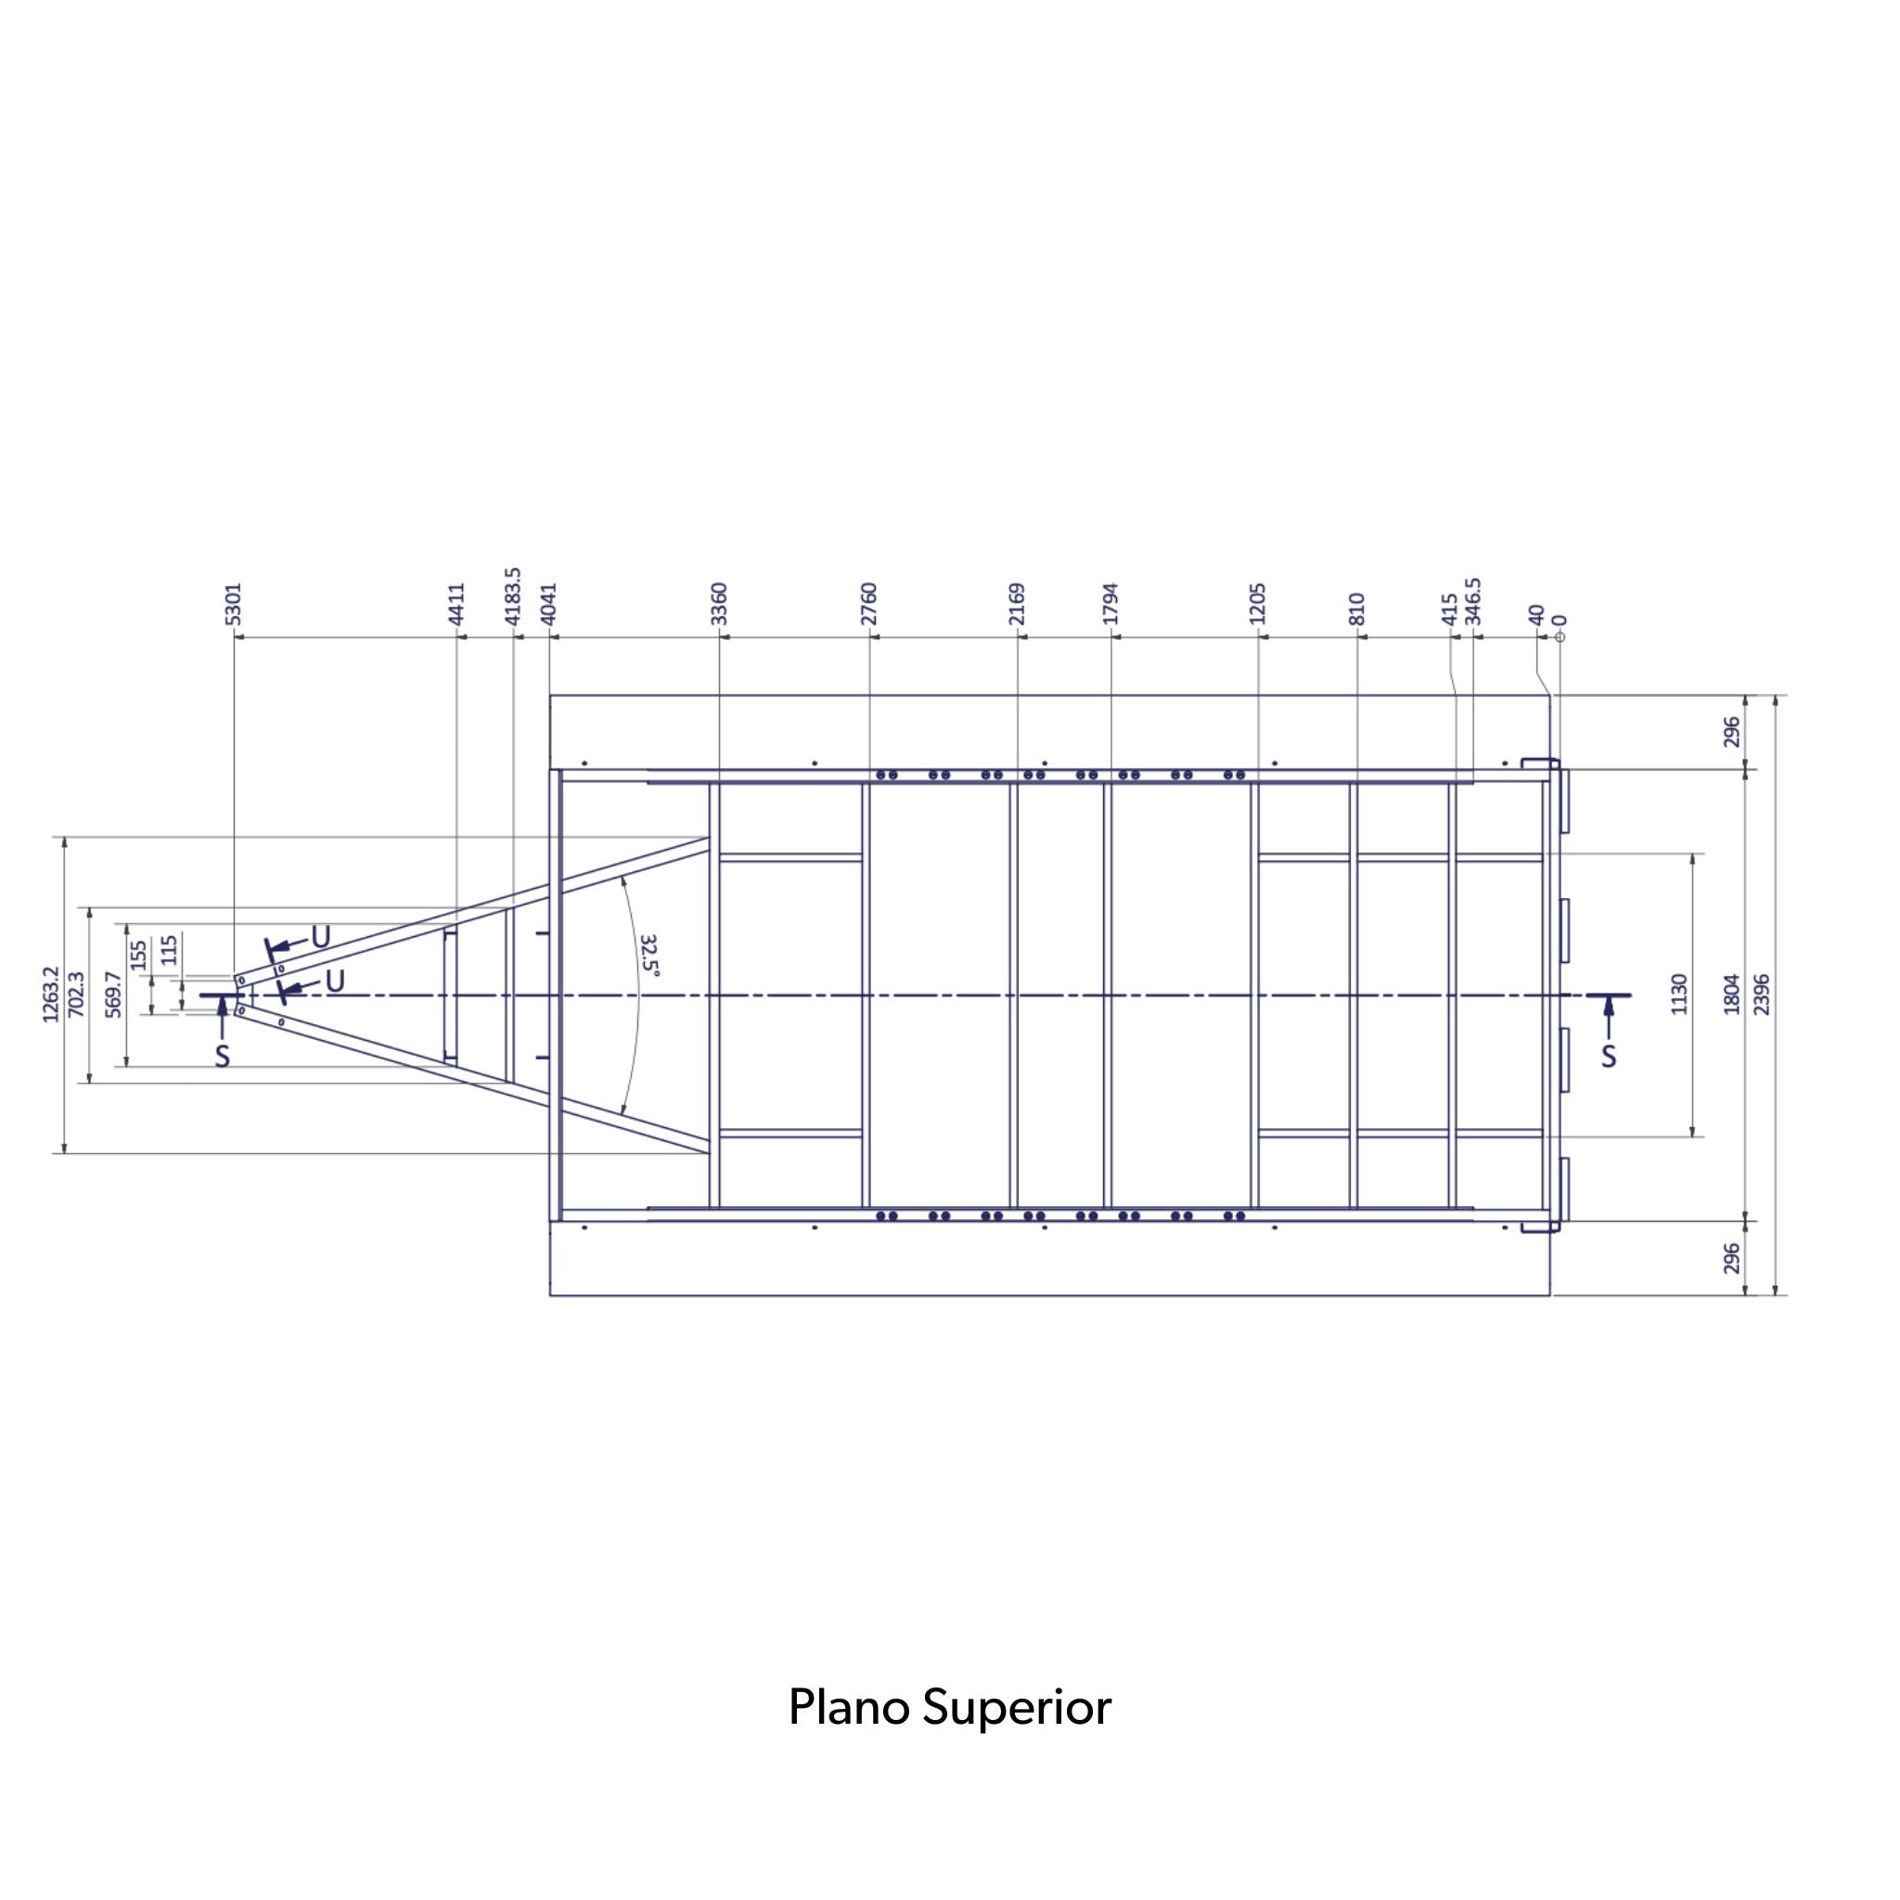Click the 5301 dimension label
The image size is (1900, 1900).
pos(233,604)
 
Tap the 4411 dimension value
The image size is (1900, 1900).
pos(456,604)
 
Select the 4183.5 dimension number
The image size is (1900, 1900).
pos(512,596)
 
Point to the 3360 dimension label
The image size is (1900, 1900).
pos(719,604)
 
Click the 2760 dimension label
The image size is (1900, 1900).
pos(869,604)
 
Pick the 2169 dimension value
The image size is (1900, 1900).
pos(1018,604)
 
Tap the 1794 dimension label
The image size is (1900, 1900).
pos(1111,604)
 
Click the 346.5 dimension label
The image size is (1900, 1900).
pos(1473,601)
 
